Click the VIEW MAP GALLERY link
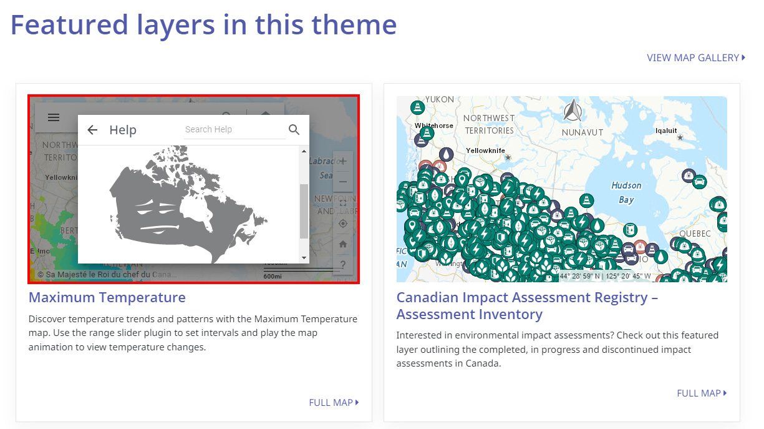point(695,57)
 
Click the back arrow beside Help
point(92,130)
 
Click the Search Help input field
point(234,129)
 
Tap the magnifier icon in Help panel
point(294,130)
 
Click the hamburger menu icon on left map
point(54,117)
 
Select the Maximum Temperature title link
point(107,297)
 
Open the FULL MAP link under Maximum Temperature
point(334,403)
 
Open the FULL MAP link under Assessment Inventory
point(702,393)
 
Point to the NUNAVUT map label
point(583,133)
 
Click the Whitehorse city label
point(434,126)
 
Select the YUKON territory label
point(440,99)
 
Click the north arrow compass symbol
point(573,112)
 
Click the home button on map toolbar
point(343,244)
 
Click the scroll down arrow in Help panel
point(304,257)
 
